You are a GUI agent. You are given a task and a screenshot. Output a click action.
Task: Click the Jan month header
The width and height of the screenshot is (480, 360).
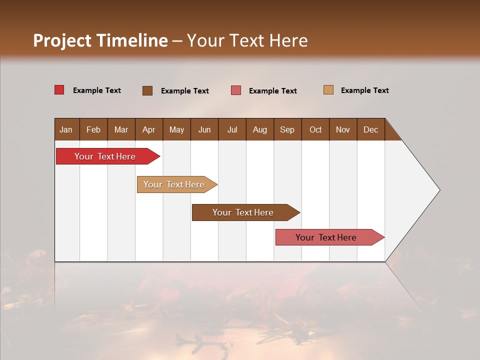(x=66, y=129)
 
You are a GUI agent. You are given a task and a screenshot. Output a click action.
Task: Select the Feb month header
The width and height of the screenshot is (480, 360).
(x=93, y=129)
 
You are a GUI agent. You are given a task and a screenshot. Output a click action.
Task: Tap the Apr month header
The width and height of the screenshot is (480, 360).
(x=148, y=129)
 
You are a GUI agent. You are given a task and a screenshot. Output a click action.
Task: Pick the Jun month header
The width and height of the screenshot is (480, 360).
(x=204, y=129)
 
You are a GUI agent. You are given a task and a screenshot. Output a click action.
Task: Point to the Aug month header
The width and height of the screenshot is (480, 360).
(x=259, y=129)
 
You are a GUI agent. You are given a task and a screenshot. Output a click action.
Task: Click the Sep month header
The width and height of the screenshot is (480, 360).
(x=287, y=129)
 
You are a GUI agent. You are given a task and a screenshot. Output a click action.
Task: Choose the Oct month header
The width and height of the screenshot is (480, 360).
(x=315, y=129)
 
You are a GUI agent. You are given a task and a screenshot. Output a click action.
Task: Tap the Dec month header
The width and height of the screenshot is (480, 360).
(x=370, y=129)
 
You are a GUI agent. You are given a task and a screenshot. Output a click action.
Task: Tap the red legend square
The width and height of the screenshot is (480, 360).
(x=59, y=90)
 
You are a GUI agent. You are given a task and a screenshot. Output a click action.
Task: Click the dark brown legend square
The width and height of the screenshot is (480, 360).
(x=147, y=90)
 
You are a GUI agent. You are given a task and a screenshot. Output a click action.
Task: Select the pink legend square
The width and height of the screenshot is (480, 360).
(x=236, y=90)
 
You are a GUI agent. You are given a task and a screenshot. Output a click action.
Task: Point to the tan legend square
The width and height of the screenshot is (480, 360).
(x=328, y=90)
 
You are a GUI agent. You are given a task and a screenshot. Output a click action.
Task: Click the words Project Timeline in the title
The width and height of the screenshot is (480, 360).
(x=100, y=40)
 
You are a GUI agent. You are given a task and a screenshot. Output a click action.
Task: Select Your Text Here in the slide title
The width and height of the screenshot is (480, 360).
(x=247, y=40)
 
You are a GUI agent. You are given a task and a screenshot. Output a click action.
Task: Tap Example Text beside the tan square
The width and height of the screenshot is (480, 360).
(x=364, y=90)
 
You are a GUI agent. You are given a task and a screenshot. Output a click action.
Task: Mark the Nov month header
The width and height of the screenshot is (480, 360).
(x=342, y=129)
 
